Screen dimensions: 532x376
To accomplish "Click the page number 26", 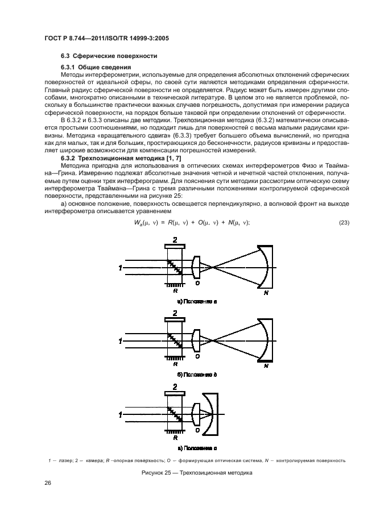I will pos(47,483).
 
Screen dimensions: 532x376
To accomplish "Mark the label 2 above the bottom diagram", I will pos(174,387).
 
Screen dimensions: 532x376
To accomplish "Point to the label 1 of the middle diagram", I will pos(120,341).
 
